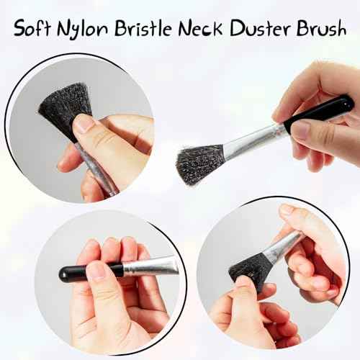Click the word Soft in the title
point(32,28)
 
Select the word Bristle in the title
point(143,28)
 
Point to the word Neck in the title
point(200,28)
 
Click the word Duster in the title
point(259,28)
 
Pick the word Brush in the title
point(321,28)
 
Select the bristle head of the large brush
point(199,164)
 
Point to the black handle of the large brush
point(319,110)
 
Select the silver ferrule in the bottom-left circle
point(150,266)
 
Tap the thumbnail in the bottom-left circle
point(97,271)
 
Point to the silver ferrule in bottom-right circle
point(283,244)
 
